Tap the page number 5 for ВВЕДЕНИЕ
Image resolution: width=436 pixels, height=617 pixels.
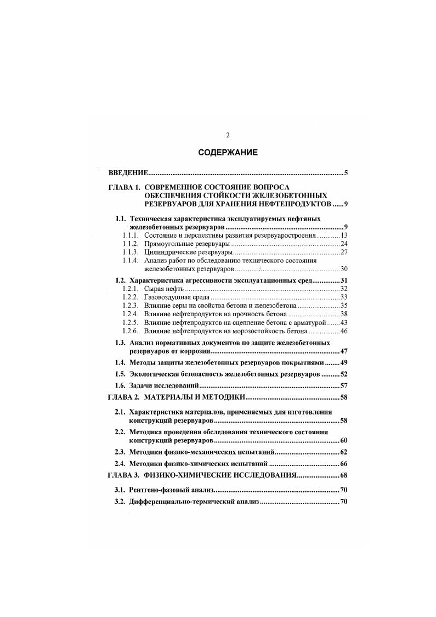[346, 173]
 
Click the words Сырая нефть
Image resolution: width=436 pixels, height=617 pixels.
[163, 288]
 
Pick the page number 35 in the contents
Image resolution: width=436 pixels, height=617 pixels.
[344, 305]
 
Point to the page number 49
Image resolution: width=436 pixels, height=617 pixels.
[344, 362]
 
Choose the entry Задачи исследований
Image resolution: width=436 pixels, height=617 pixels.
[166, 385]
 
